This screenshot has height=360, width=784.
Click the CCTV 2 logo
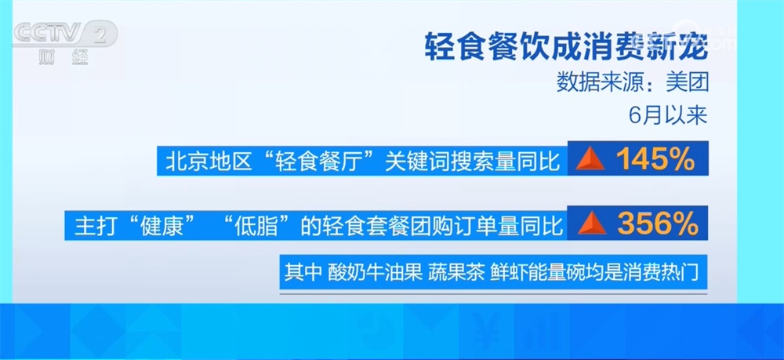66,34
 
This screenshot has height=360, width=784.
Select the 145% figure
655,160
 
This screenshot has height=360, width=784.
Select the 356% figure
657,224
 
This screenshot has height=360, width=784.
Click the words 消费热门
667,274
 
